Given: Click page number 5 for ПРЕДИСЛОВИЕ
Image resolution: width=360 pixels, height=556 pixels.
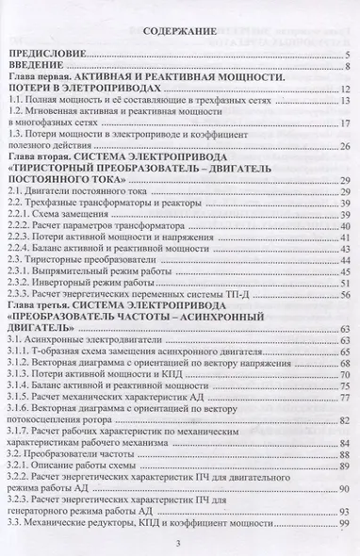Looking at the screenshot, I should pos(349,57).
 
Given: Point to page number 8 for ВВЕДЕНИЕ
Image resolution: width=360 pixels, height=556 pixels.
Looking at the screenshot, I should pos(349,67).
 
